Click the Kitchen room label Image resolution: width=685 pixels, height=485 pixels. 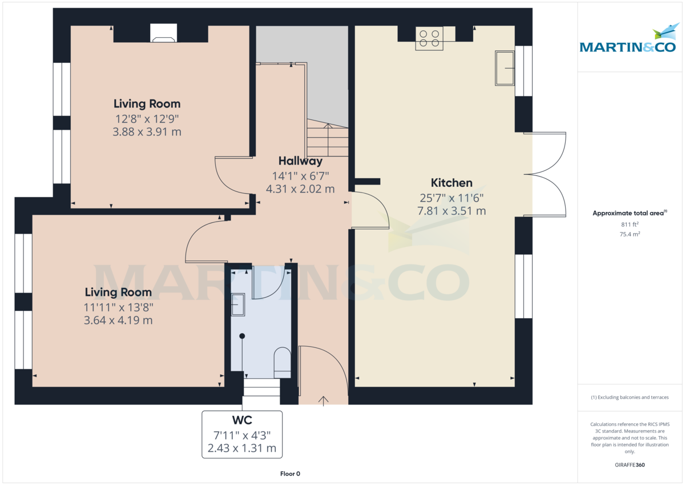tap(451, 183)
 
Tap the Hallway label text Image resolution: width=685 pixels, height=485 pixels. tap(300, 161)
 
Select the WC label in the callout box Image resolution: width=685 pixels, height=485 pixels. tap(242, 421)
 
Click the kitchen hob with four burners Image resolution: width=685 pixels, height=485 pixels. tap(429, 38)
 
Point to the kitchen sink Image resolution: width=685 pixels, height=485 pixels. tap(505, 68)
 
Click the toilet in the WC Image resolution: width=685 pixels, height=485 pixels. tap(282, 362)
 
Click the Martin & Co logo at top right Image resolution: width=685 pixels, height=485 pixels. tap(628, 40)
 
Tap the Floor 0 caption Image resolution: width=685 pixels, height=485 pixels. tap(290, 474)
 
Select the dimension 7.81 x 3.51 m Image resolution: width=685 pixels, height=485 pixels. tap(451, 211)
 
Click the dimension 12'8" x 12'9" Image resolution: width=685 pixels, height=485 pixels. tap(147, 119)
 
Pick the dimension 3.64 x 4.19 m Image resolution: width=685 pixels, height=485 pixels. tap(118, 320)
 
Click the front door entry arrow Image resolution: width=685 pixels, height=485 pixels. tap(324, 400)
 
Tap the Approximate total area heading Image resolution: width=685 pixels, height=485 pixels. tap(629, 213)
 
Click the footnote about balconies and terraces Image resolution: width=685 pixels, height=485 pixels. tap(630, 397)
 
